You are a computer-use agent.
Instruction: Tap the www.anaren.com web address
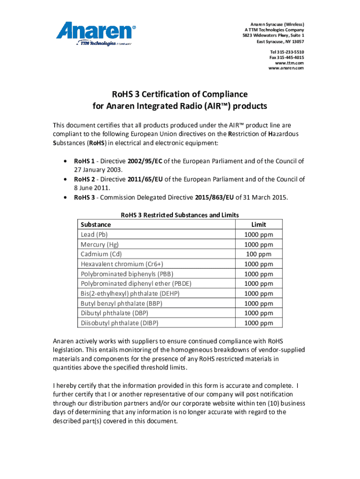[286, 68]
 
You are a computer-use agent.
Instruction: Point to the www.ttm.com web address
[289, 63]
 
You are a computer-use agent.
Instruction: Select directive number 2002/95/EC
[144, 161]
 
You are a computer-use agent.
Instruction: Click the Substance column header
[96, 225]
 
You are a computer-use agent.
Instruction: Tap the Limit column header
[259, 225]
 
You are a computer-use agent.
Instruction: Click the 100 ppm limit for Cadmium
[259, 254]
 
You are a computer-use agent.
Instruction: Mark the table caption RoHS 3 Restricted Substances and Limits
[180, 215]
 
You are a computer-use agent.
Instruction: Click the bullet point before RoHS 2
[64, 179]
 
